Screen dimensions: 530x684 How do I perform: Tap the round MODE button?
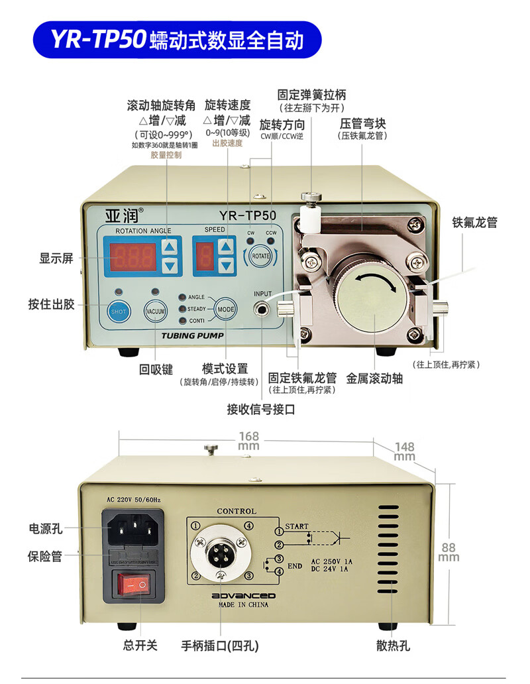coord(226,310)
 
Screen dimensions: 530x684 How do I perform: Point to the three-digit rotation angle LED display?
coord(132,256)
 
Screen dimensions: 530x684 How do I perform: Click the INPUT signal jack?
coord(263,309)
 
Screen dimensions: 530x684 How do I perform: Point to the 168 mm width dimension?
coord(249,441)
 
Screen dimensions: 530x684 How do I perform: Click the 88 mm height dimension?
coord(449,552)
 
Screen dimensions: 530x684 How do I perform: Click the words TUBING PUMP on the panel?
coord(193,335)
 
